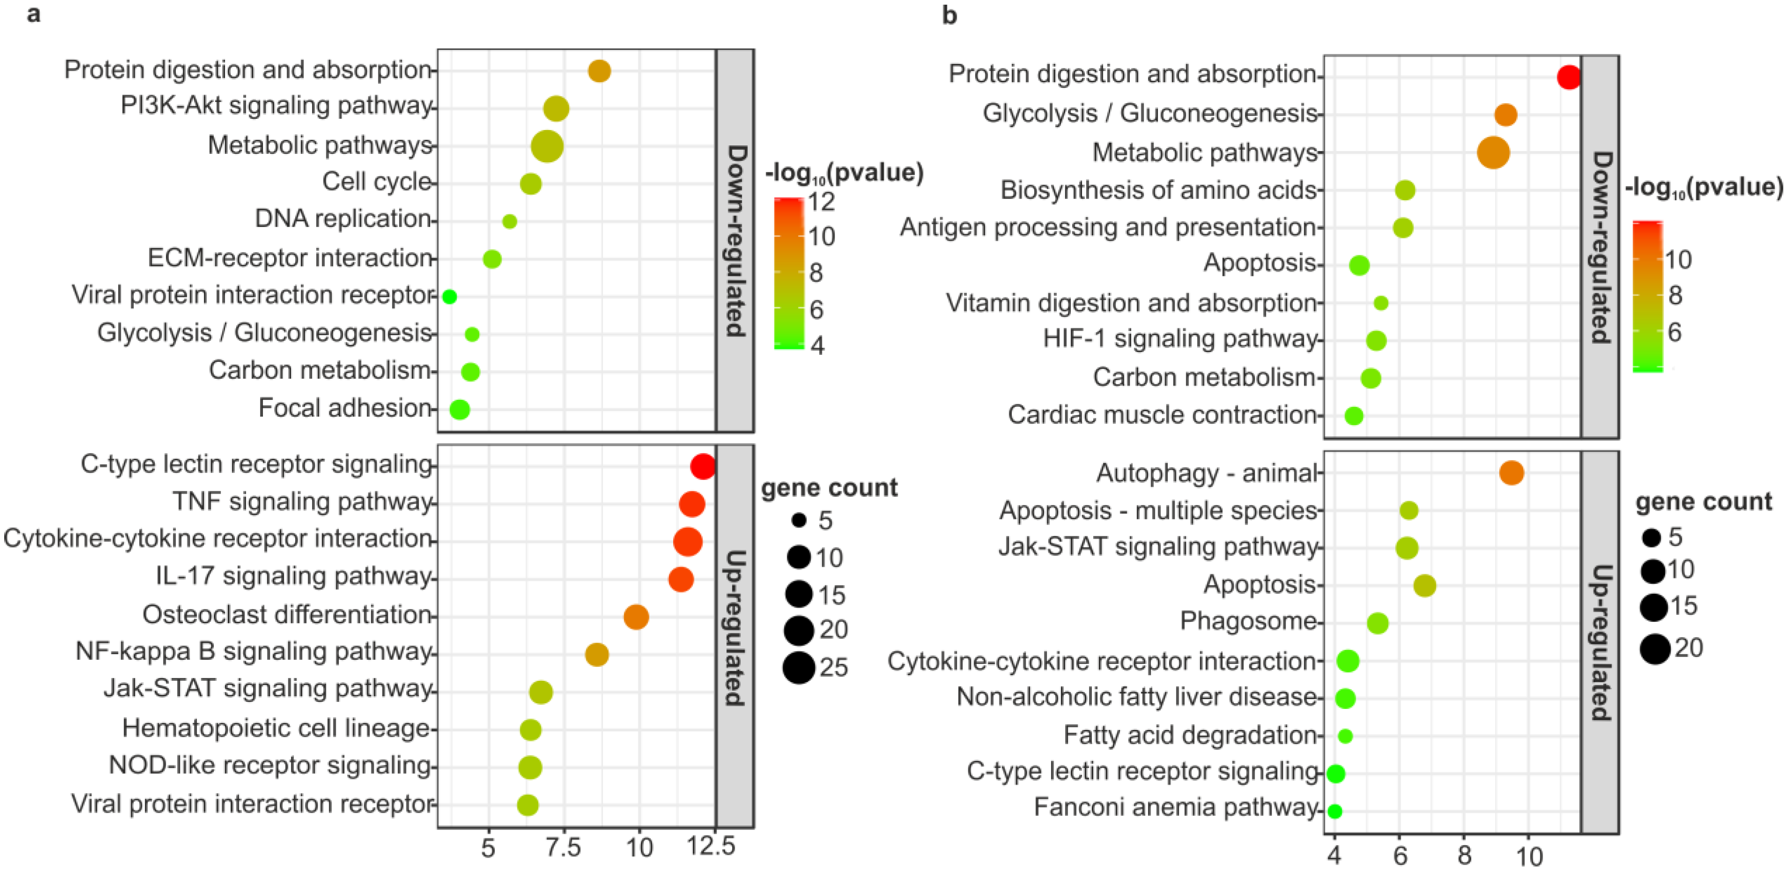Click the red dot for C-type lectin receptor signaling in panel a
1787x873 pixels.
(703, 466)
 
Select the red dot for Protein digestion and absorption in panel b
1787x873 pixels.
(1569, 77)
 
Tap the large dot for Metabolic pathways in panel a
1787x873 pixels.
(547, 146)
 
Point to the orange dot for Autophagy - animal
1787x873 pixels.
(1511, 473)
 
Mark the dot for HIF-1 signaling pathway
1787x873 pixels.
(1376, 340)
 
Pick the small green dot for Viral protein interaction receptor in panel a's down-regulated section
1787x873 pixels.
(449, 297)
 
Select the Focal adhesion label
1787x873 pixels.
(345, 408)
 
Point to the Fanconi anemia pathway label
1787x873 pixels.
(1175, 807)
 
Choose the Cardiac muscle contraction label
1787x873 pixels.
(1162, 415)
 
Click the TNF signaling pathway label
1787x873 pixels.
(303, 501)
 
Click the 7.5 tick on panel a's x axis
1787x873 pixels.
(563, 847)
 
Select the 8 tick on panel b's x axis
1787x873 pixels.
(1464, 856)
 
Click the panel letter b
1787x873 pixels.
(949, 15)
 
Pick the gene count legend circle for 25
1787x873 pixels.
(799, 668)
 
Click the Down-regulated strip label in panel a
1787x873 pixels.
(735, 241)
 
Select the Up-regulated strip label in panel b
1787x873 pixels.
(1600, 642)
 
